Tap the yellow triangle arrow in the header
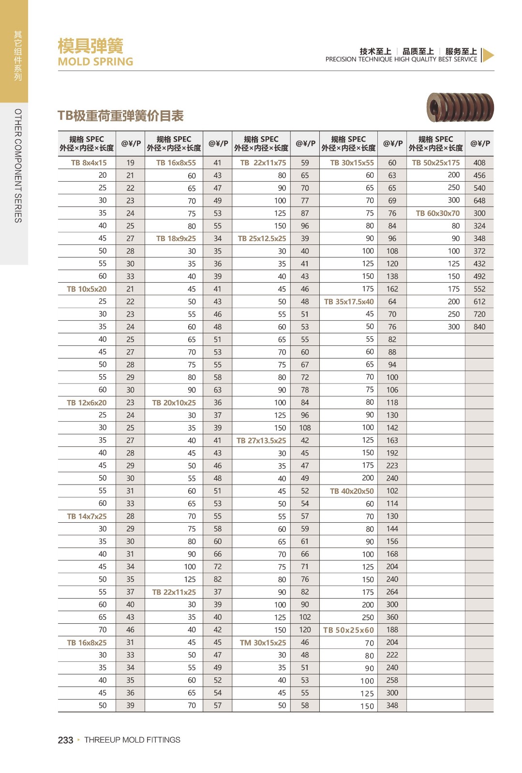point(488,56)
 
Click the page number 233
point(65,740)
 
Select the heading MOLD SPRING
point(95,62)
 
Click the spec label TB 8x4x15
point(89,163)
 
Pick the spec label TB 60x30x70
point(437,213)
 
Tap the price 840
point(479,327)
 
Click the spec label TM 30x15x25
point(263,643)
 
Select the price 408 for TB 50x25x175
point(479,163)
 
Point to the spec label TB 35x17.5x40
point(348,301)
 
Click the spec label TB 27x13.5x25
point(261,441)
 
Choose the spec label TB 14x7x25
point(87,516)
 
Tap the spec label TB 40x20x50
point(351,491)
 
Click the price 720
point(479,314)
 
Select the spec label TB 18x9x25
point(176,239)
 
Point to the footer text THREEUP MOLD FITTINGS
point(132,740)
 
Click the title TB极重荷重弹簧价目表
point(120,116)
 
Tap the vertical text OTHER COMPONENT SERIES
point(18,166)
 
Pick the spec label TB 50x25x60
point(348,630)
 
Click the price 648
point(479,200)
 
